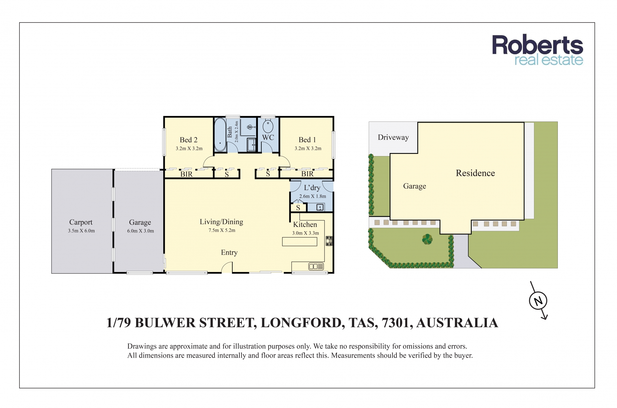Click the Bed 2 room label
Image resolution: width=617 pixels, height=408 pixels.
click(188, 140)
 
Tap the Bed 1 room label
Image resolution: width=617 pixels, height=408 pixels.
click(307, 140)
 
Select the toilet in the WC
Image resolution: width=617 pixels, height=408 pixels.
click(268, 126)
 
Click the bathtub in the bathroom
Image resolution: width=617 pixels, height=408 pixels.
click(220, 135)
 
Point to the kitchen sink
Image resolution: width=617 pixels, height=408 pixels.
click(316, 266)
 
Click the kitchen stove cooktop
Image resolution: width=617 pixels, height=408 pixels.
click(329, 241)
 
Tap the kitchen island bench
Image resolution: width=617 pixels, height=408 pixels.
click(300, 241)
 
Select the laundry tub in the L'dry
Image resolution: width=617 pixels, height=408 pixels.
click(320, 207)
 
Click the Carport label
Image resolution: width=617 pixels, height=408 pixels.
click(81, 222)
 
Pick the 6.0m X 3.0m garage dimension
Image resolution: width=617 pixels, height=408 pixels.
click(140, 231)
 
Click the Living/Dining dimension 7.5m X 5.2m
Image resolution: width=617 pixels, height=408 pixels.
click(222, 230)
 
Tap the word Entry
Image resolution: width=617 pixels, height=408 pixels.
click(229, 253)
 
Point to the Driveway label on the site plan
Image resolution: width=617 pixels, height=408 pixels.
click(393, 137)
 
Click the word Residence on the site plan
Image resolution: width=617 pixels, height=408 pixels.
click(475, 173)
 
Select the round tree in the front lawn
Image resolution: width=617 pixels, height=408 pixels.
click(427, 239)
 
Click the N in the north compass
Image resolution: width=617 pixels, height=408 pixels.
click(538, 301)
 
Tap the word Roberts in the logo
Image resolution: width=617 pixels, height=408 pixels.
click(537, 45)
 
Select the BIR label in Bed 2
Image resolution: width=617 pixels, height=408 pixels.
click(186, 174)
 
